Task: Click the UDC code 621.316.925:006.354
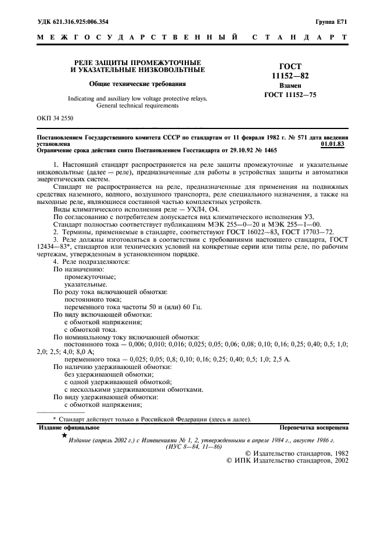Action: tap(86, 22)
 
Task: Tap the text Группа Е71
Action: tap(332, 22)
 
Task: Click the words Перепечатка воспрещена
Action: tap(314, 427)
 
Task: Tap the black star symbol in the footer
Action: tap(64, 435)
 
